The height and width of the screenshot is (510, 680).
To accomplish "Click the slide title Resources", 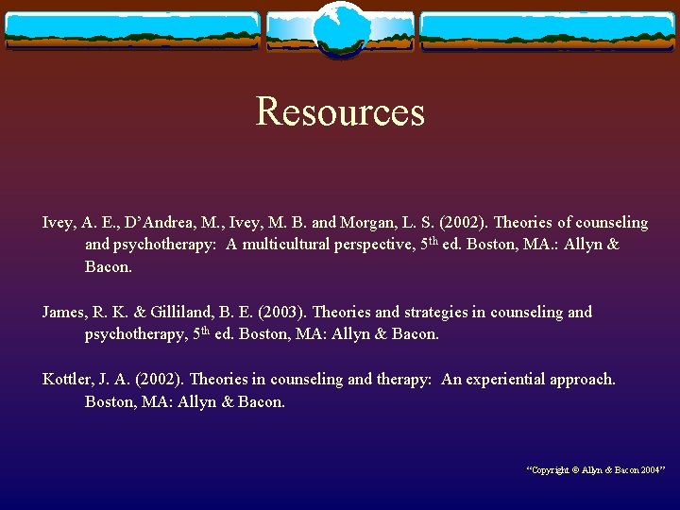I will pos(340,111).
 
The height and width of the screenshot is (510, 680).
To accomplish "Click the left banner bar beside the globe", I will pos(132,30).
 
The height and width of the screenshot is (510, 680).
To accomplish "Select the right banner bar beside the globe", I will pos(548,30).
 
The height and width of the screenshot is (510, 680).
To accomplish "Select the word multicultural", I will pos(282,245).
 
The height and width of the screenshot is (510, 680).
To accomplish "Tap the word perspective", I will pos(374,245).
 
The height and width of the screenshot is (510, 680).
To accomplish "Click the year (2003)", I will pos(278,312).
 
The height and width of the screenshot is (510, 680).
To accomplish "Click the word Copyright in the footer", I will pos(550,469).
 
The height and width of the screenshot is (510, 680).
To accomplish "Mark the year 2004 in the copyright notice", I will pos(650,469).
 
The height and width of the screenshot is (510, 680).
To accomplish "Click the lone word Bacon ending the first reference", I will pos(108,267).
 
